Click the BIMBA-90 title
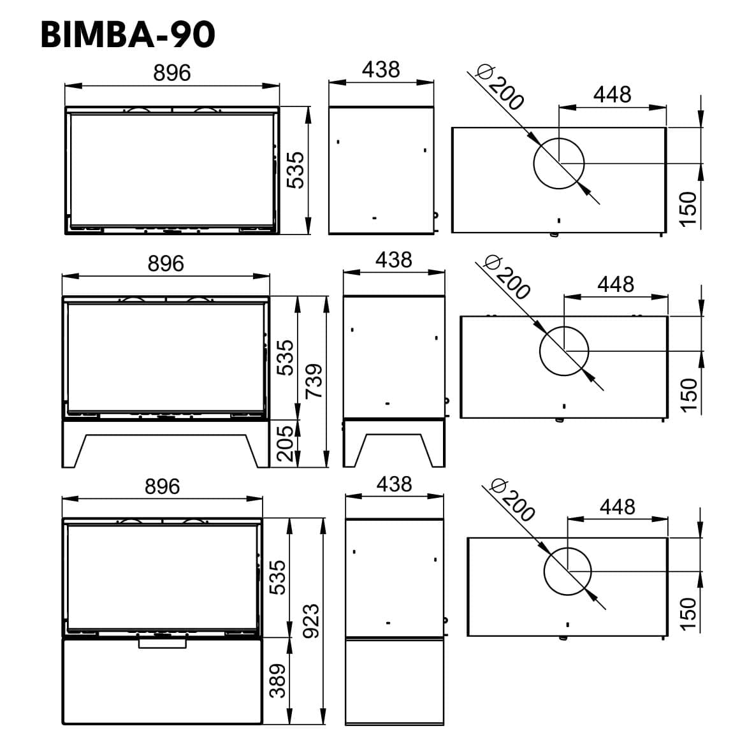coord(127,35)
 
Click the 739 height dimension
coord(314,381)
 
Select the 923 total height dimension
coord(311,621)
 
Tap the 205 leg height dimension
coord(286,444)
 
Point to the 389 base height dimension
coord(278,681)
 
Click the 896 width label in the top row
coord(172,73)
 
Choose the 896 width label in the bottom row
coord(162,487)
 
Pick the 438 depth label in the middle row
coord(393,260)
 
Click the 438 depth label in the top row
coord(381,70)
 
